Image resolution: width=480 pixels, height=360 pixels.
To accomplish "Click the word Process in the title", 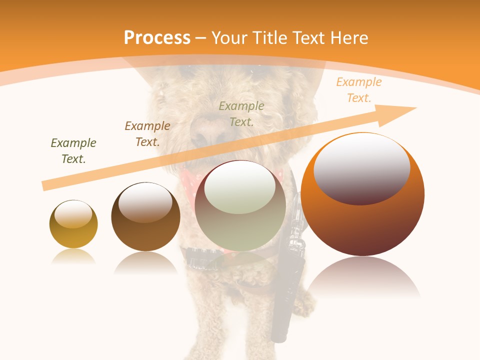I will click(x=157, y=38).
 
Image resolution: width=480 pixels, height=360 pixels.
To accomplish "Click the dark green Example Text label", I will click(x=73, y=151).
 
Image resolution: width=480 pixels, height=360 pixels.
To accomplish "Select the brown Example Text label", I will click(x=147, y=134).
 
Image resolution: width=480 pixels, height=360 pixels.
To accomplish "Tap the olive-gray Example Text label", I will click(x=241, y=113).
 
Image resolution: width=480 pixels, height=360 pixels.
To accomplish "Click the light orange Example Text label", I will click(x=359, y=90).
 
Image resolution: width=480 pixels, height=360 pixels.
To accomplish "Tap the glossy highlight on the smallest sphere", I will click(x=73, y=214).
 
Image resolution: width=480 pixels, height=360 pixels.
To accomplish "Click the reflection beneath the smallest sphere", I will click(x=73, y=257).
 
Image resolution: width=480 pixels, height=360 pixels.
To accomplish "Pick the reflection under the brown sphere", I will click(x=145, y=262).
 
